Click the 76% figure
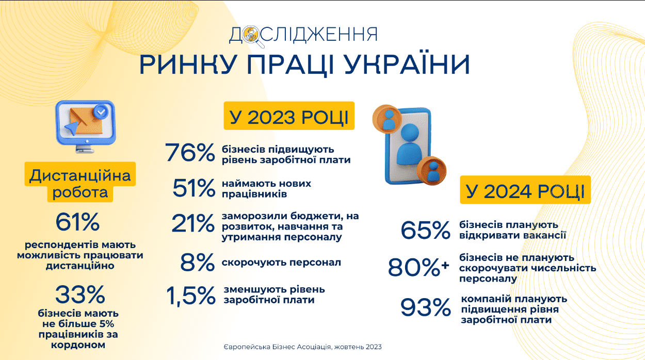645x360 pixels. pos(190,153)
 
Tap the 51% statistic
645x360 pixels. pos(194,188)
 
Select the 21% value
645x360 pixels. pos(193,223)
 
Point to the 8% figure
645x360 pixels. pos(198,262)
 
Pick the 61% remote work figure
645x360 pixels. pos(77,222)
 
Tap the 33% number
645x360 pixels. pos(80,294)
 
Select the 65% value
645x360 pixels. pos(425,230)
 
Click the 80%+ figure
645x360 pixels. pos(418,267)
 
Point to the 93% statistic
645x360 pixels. pos(426,307)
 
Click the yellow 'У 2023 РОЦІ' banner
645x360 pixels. pos(289,116)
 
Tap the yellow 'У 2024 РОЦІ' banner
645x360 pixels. pos(525,190)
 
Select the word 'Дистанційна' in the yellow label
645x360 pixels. pos(80,175)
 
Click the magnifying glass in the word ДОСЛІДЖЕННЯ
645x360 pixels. pos(252,37)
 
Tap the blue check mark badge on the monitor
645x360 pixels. pos(101,111)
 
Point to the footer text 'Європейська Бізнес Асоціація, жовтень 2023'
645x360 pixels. pos(302,347)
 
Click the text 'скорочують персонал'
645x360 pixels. pos(281,263)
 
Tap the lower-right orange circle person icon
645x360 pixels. pos(431,171)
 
